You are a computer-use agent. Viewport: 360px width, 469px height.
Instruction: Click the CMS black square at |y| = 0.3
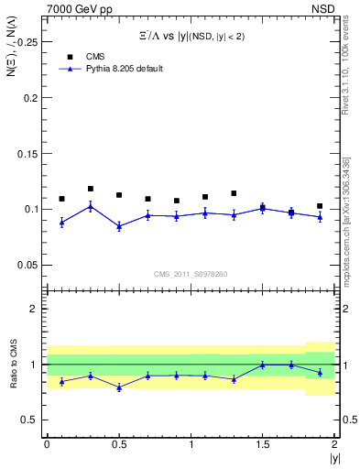click(x=90, y=189)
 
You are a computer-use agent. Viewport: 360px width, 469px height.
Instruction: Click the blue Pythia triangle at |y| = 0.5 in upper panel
click(x=119, y=226)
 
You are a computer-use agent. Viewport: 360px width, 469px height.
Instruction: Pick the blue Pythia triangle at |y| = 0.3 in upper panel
click(x=90, y=206)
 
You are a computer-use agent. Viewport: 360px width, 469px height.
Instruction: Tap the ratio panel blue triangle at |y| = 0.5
click(x=119, y=387)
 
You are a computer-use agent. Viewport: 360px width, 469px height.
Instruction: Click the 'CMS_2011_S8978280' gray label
click(x=191, y=274)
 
